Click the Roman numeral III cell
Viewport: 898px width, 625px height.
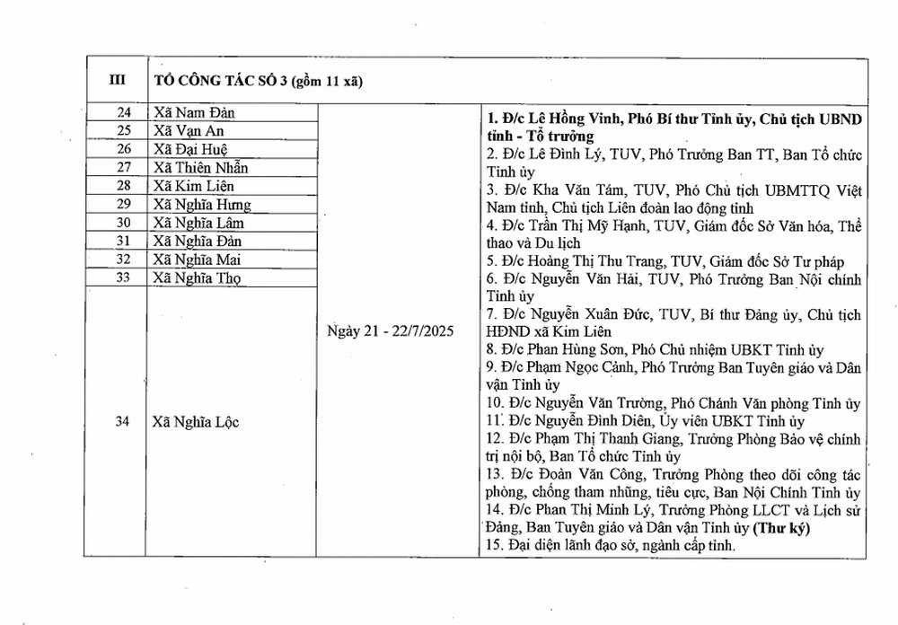(117, 80)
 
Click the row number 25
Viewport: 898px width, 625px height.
(125, 131)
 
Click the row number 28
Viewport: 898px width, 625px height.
(125, 186)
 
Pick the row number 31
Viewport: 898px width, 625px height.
(125, 242)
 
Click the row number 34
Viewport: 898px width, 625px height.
(124, 422)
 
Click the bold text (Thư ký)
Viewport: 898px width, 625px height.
(780, 529)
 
